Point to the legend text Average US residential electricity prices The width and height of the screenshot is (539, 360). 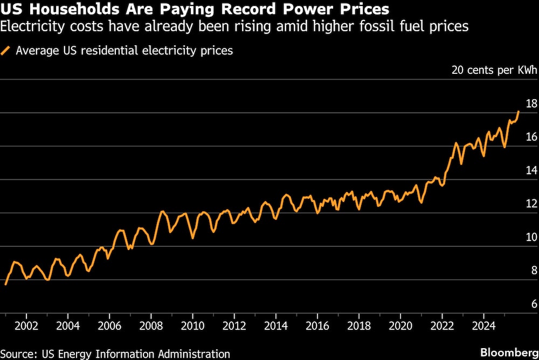click(x=124, y=51)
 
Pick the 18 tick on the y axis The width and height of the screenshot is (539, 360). click(x=530, y=103)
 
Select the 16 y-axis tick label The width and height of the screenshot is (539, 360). click(x=530, y=137)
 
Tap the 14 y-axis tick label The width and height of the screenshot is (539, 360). click(x=530, y=170)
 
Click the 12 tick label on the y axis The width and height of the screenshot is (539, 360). click(x=530, y=204)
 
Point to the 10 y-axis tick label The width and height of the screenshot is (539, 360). click(x=530, y=237)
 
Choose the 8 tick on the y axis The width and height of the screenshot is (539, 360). click(x=533, y=271)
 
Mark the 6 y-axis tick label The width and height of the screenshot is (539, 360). click(x=533, y=304)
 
